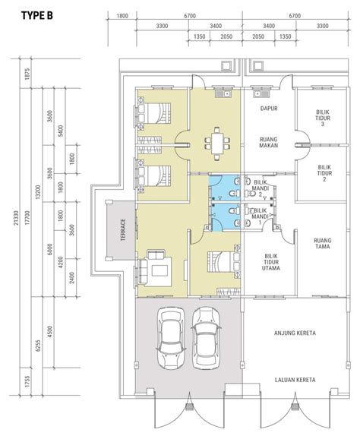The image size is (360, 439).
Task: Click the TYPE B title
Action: coord(37,16)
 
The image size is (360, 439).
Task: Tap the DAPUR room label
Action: coord(269,108)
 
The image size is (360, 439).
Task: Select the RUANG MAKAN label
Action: coord(269,142)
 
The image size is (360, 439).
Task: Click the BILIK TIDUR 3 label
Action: coord(323,118)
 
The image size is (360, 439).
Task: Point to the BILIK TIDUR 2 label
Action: coord(325,173)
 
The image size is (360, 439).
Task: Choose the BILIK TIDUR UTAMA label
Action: coord(271,262)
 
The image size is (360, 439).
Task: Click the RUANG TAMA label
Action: coord(323,243)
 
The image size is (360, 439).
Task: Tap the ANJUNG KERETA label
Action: coord(295,333)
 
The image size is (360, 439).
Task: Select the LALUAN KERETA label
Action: coord(295,380)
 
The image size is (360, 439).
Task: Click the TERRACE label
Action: coord(123,230)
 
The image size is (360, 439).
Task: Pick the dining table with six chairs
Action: coord(217,144)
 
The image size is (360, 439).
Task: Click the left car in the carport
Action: coord(171,338)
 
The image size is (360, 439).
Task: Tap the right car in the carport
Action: coord(206,339)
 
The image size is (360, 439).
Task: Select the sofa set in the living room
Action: coord(156,268)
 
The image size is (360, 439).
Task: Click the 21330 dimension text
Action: coord(16,218)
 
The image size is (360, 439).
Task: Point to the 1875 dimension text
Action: coord(27,74)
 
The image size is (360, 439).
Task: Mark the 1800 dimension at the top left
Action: coord(122,16)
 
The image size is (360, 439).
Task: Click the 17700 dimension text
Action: coord(27,218)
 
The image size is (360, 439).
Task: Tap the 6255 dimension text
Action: coord(38,346)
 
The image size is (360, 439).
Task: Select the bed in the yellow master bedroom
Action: coord(224,261)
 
